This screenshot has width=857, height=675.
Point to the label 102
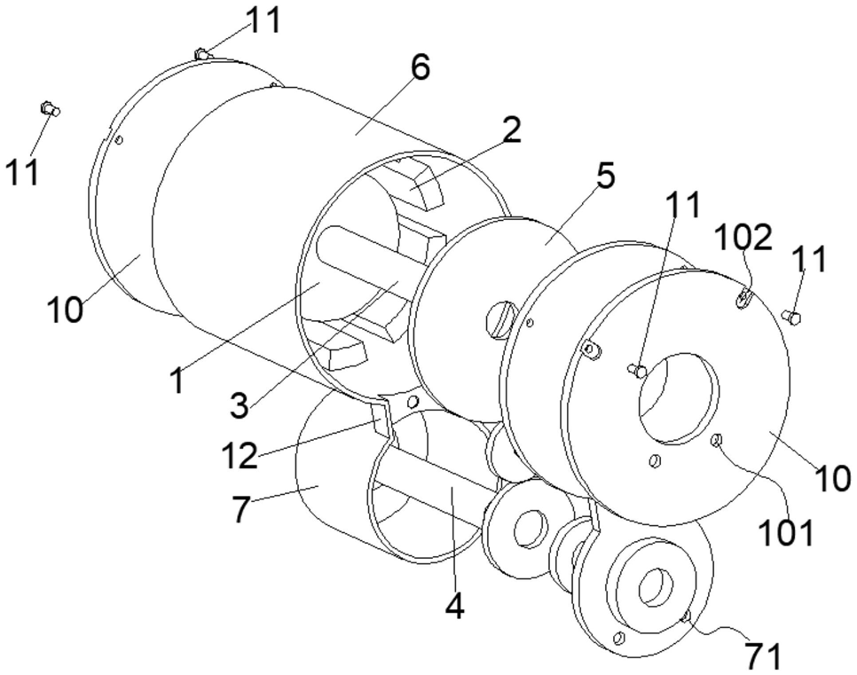tap(743, 238)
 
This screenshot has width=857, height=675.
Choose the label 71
tap(764, 655)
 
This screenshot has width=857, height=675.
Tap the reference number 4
tap(455, 606)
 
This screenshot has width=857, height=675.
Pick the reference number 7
tap(241, 509)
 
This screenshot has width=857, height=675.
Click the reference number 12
tap(240, 456)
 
